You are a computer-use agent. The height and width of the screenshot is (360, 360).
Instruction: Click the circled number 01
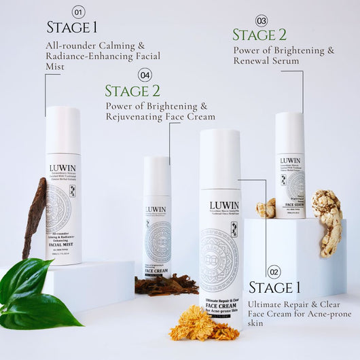(78, 12)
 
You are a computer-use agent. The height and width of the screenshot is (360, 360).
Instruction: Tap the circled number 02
(273, 272)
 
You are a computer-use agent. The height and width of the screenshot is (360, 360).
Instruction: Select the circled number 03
(261, 20)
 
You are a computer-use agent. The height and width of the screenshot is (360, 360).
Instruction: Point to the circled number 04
(145, 75)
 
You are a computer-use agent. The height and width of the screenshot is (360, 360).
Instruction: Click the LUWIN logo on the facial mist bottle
(62, 168)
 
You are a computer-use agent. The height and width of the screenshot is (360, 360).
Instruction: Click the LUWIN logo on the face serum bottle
(290, 161)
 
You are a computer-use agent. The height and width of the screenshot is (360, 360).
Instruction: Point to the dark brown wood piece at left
(34, 217)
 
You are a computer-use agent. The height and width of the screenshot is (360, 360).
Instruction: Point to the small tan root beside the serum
(266, 208)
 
